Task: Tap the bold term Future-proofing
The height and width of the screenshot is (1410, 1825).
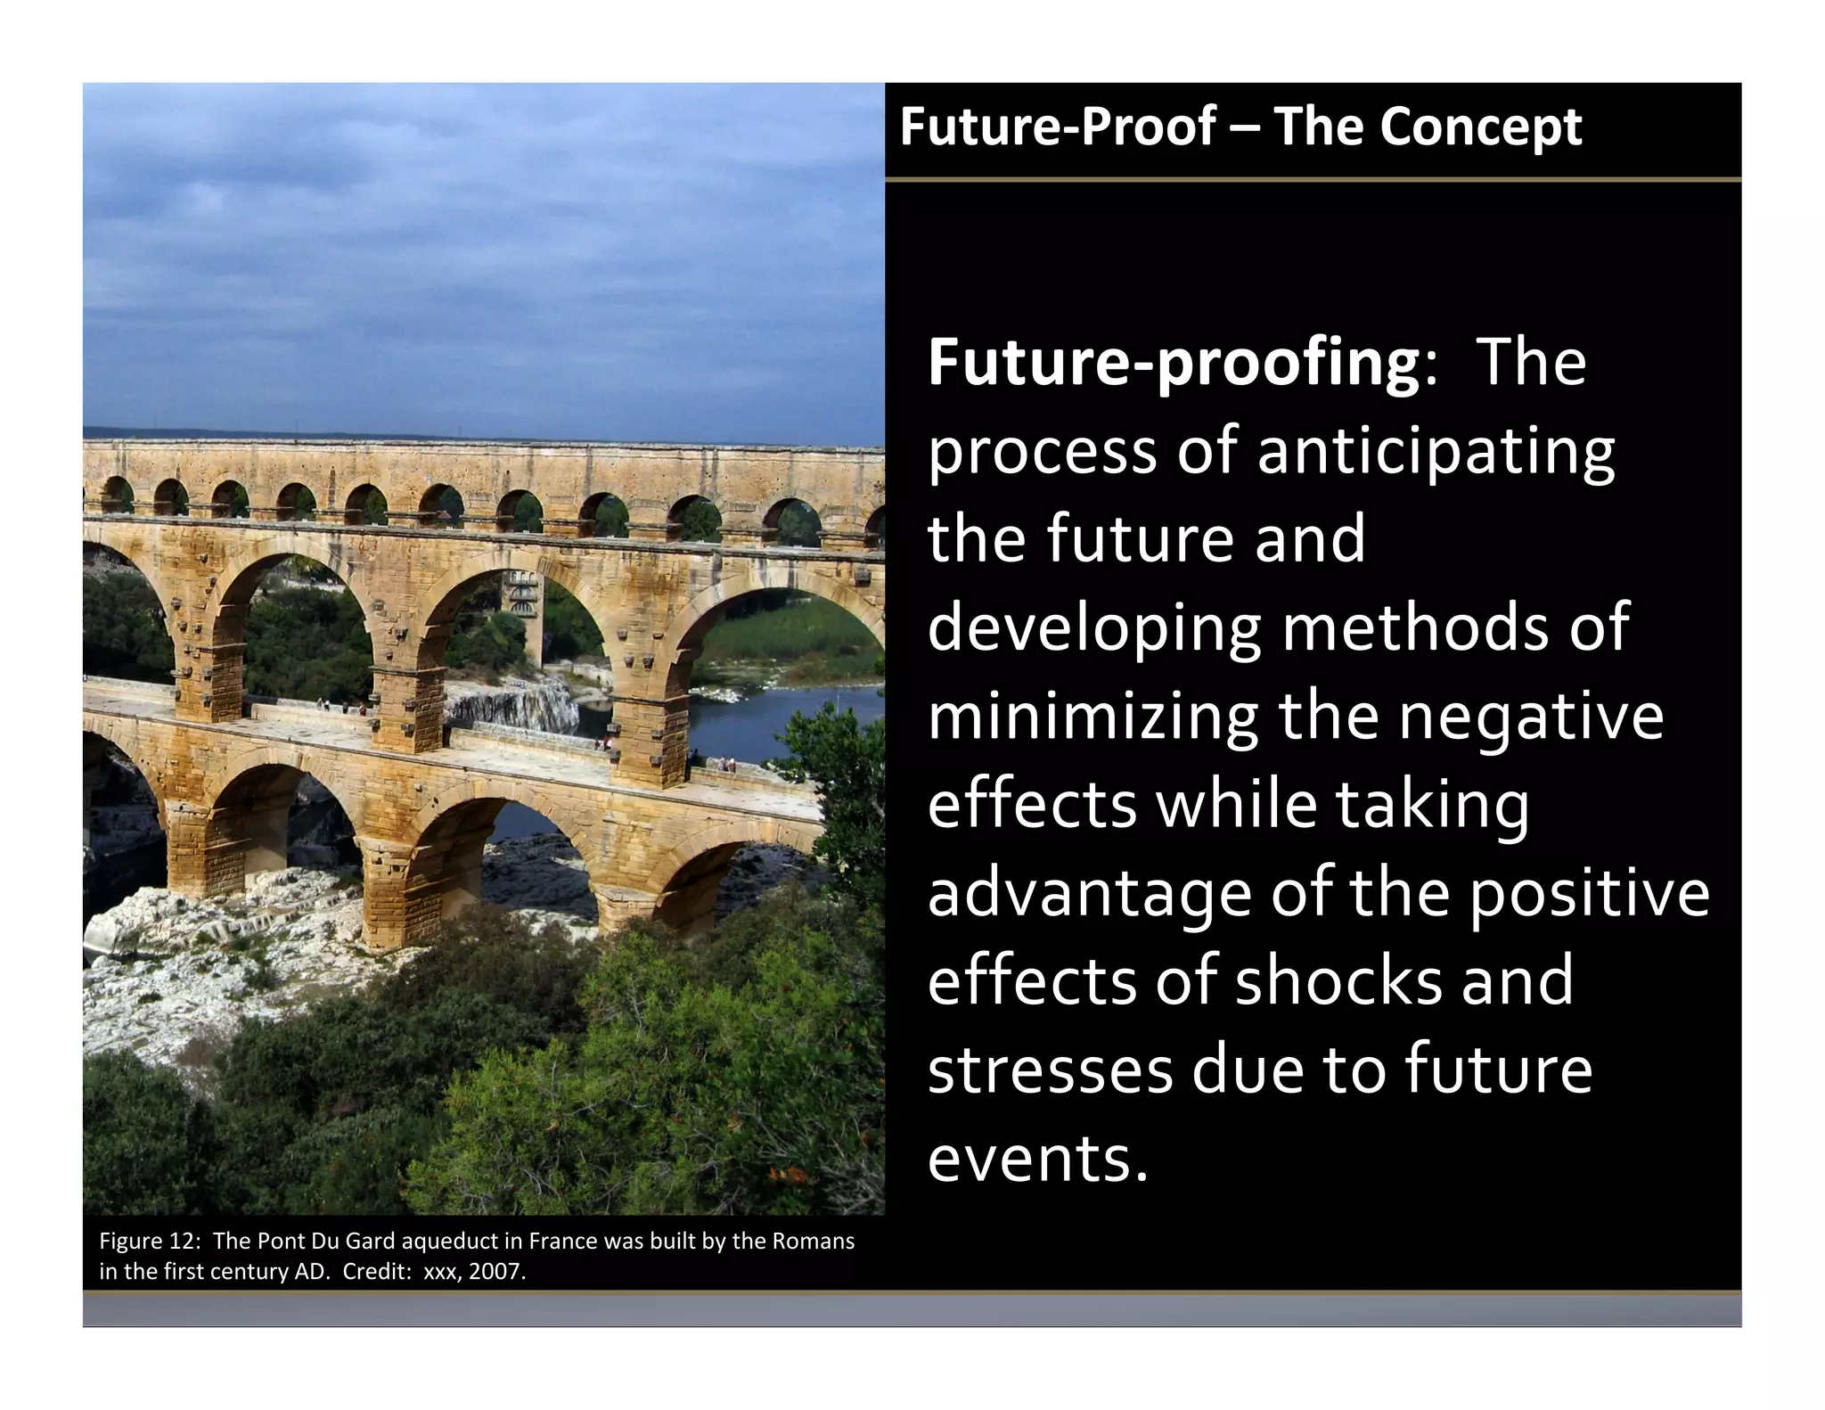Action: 1173,365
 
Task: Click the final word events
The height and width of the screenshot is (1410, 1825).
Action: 1037,1160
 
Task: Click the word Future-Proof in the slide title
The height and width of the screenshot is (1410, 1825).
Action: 1058,127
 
